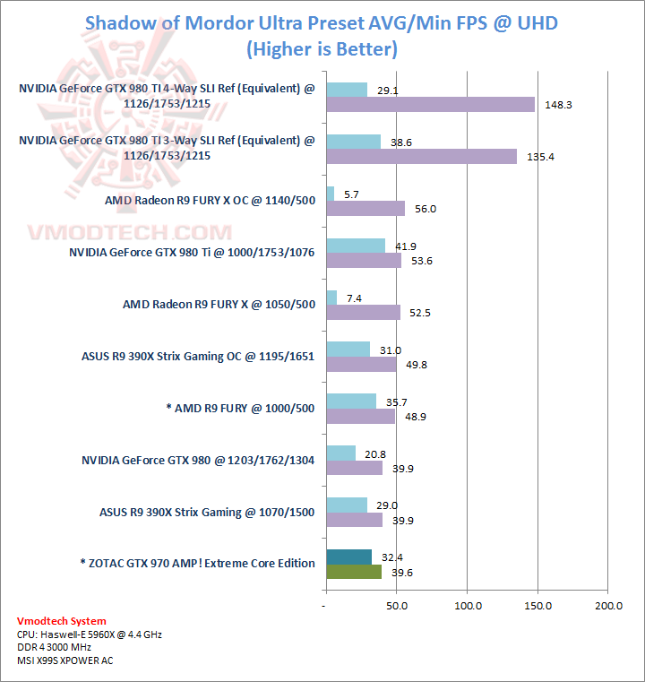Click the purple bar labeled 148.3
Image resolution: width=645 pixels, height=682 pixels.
pos(430,105)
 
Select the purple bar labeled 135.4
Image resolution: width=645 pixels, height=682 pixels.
pos(421,157)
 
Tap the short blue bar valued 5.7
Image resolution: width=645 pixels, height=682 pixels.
pos(331,194)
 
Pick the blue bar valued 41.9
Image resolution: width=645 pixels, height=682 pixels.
pos(356,246)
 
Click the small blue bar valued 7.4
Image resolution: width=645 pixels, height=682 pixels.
pos(331,298)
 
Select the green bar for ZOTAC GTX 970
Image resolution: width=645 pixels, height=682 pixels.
pos(354,572)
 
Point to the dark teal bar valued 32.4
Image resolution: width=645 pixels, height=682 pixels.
pos(349,557)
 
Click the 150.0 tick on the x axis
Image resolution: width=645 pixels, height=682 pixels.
pos(537,607)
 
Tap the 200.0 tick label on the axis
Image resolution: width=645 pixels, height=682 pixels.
pos(608,607)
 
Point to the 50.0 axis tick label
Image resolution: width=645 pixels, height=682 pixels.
pos(397,607)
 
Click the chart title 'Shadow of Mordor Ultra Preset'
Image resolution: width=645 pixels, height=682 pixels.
pos(322,22)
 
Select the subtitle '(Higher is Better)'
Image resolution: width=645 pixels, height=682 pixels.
pos(322,48)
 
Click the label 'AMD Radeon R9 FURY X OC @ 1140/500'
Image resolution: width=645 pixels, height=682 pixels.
pos(210,201)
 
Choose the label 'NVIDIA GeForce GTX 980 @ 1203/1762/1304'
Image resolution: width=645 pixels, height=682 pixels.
pos(198,461)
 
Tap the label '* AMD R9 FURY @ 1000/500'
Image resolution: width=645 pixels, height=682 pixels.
pos(240,409)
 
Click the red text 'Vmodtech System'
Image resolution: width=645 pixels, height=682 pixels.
pos(61,621)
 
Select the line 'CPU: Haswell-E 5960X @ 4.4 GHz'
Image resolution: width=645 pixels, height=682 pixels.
pos(90,635)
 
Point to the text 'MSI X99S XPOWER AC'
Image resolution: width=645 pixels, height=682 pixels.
pos(65,660)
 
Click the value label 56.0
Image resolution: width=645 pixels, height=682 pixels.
pos(426,209)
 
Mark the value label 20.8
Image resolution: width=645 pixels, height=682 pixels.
pos(375,453)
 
